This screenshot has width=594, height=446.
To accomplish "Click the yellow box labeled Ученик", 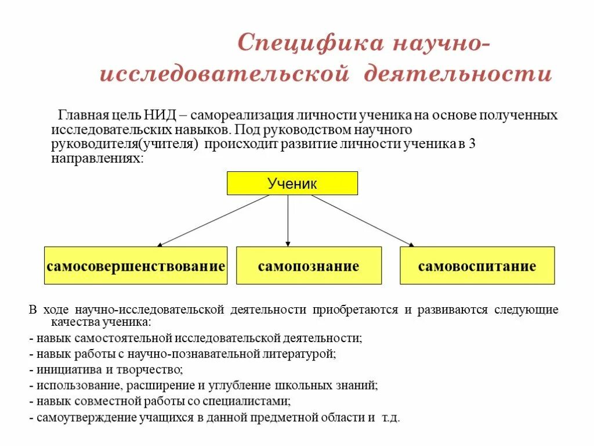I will [x=292, y=184].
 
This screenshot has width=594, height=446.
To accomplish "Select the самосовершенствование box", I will [x=136, y=266].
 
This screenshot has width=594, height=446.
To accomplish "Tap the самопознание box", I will [x=309, y=266].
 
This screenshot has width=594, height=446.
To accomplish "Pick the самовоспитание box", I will [x=477, y=266].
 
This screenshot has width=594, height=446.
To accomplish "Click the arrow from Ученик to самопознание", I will [x=288, y=221].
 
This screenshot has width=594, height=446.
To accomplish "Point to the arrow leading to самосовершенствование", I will [x=215, y=221].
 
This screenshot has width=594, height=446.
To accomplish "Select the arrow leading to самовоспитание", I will [x=363, y=221].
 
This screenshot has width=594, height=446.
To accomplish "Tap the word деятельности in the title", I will [x=457, y=75].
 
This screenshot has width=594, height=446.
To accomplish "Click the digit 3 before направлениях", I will [x=472, y=144].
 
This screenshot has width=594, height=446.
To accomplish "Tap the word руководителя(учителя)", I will [x=124, y=144].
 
